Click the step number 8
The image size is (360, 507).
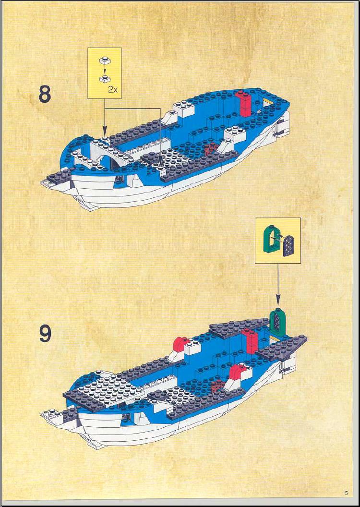pyautogui.click(x=45, y=94)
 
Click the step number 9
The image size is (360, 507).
pyautogui.click(x=45, y=334)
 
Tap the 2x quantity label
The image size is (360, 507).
pyautogui.click(x=113, y=90)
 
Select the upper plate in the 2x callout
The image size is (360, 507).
pyautogui.click(x=104, y=60)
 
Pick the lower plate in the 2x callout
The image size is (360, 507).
pyautogui.click(x=104, y=78)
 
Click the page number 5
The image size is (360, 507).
pyautogui.click(x=346, y=493)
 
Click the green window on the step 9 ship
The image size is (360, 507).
pyautogui.click(x=276, y=321)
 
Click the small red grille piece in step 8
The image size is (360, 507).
pyautogui.click(x=211, y=149)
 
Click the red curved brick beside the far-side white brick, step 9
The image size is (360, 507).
pyautogui.click(x=180, y=344)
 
